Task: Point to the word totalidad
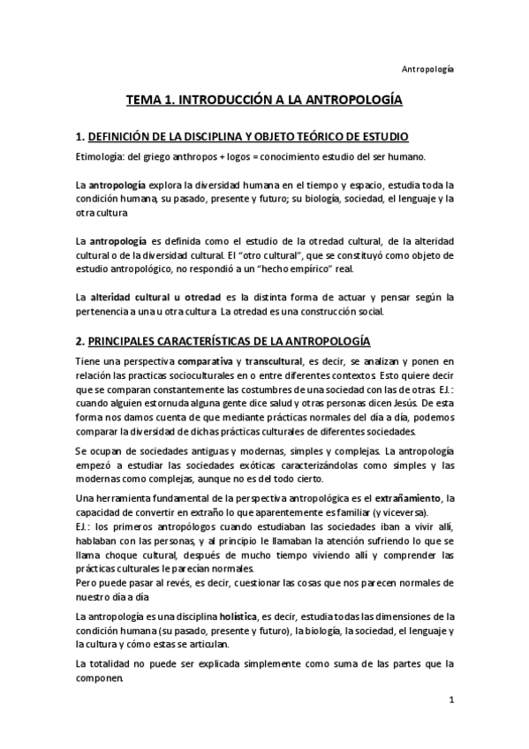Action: (x=116, y=662)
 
